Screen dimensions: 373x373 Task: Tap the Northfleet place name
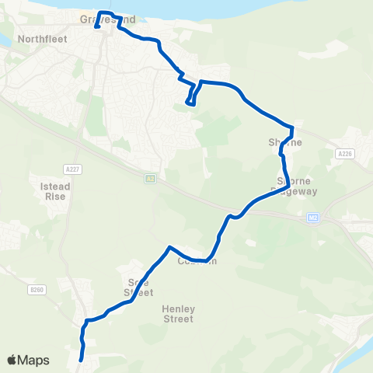(43, 38)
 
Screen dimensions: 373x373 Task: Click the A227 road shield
(68, 168)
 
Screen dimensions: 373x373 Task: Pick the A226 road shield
(345, 155)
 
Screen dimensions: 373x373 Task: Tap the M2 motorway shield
(312, 217)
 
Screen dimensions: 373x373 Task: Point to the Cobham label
(196, 261)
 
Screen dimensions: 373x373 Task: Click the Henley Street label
(178, 313)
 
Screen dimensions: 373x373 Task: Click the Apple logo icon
(12, 360)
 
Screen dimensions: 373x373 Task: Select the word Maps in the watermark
(34, 360)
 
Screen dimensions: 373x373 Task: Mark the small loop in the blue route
(190, 100)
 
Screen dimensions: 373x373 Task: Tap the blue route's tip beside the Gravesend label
(96, 27)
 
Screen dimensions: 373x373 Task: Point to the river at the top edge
(233, 12)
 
